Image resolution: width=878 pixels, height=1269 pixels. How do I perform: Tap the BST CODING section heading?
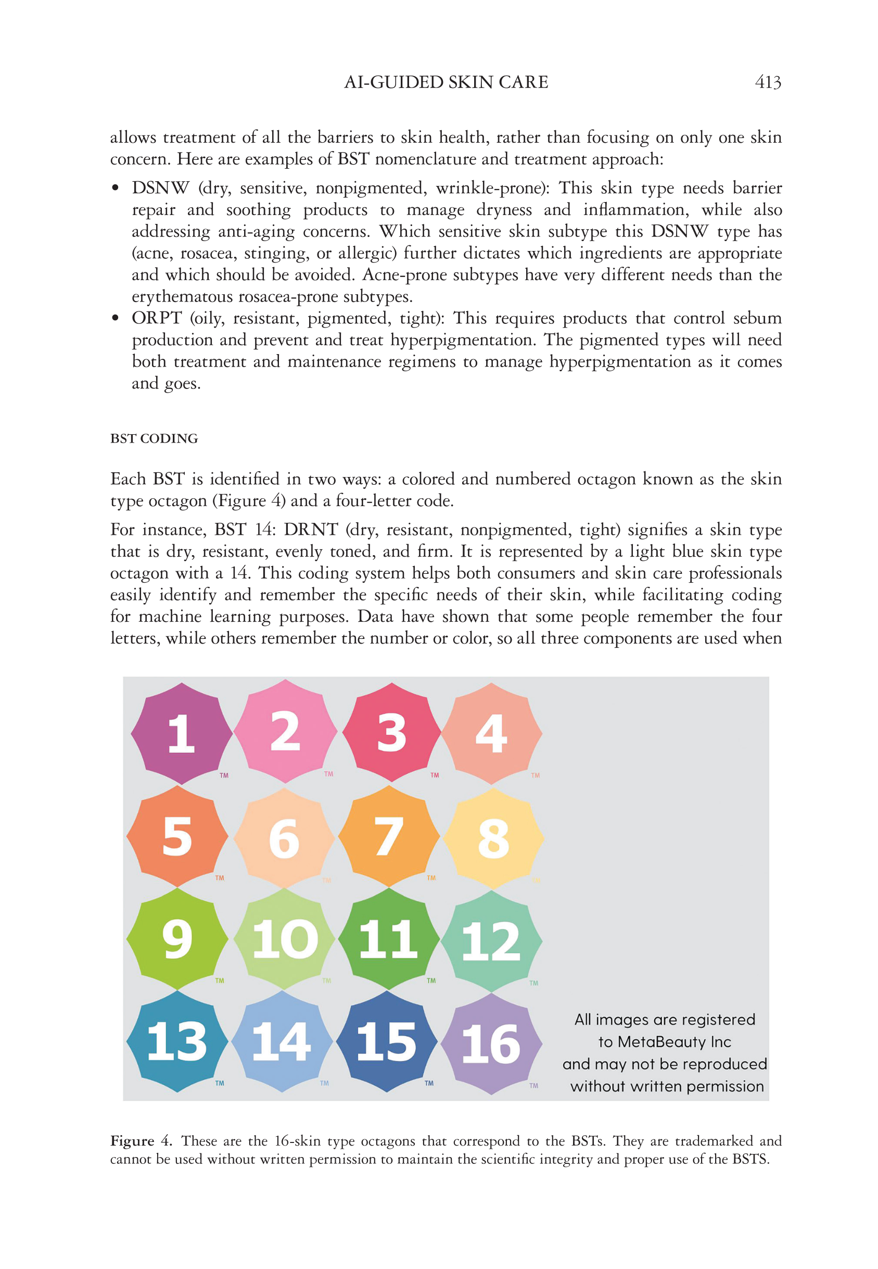pyautogui.click(x=154, y=438)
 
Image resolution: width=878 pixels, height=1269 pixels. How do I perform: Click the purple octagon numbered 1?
pyautogui.click(x=182, y=734)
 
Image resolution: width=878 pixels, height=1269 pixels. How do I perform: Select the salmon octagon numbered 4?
pyautogui.click(x=491, y=734)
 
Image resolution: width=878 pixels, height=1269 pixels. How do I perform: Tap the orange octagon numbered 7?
pyautogui.click(x=389, y=836)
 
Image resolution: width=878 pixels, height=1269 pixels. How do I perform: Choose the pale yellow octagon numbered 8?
pyautogui.click(x=493, y=838)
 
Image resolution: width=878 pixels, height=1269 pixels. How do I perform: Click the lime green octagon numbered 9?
pyautogui.click(x=177, y=939)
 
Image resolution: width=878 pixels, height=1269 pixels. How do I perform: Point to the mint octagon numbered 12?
pyautogui.click(x=491, y=941)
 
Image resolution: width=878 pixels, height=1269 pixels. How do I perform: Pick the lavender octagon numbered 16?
pyautogui.click(x=491, y=1044)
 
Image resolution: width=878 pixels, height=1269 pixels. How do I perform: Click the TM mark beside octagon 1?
pyautogui.click(x=224, y=775)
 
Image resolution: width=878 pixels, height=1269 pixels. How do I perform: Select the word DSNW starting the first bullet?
pyautogui.click(x=160, y=188)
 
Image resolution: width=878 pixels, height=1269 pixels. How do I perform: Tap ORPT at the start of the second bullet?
pyautogui.click(x=156, y=318)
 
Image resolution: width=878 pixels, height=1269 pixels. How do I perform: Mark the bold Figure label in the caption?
pyautogui.click(x=132, y=1141)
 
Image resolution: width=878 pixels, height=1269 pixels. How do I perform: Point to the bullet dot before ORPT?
pyautogui.click(x=115, y=318)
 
